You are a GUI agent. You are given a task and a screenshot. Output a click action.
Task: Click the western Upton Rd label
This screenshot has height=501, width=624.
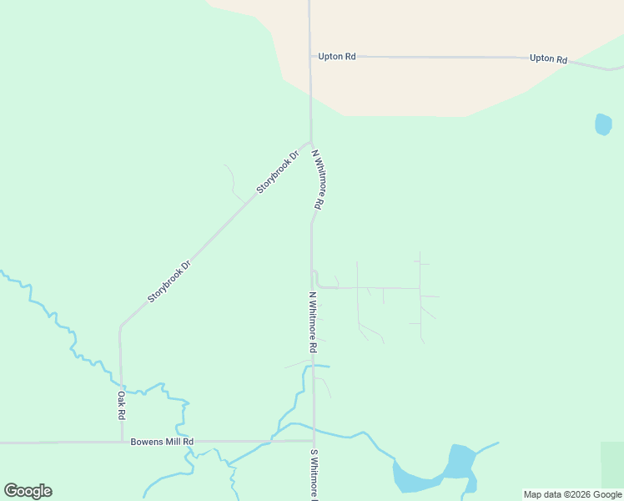(x=337, y=57)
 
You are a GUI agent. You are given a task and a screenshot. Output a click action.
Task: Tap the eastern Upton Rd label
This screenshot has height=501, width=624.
(x=548, y=59)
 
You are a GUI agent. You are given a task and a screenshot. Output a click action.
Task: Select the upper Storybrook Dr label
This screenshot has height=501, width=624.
(x=277, y=173)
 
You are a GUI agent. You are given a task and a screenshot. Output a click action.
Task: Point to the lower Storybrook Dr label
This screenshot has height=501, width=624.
(x=169, y=281)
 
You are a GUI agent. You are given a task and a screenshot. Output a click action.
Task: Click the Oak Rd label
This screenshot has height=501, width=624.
(x=121, y=405)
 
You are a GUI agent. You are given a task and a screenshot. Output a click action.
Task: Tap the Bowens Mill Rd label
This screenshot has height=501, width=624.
(x=162, y=441)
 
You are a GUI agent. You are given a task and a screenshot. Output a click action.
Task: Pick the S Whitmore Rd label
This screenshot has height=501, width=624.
(x=315, y=473)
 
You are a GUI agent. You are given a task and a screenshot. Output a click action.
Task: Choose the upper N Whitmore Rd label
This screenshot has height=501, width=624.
(x=318, y=179)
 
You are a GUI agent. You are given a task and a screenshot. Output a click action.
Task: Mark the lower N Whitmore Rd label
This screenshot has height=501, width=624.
(x=313, y=321)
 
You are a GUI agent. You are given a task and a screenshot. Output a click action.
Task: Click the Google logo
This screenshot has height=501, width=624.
(x=28, y=490)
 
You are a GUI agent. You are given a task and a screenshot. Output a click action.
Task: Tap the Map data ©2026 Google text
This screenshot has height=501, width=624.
(x=572, y=494)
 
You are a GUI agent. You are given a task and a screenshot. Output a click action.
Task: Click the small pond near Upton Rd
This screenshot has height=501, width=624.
(x=603, y=124)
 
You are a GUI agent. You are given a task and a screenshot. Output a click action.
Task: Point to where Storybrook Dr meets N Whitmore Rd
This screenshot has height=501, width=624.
(x=311, y=143)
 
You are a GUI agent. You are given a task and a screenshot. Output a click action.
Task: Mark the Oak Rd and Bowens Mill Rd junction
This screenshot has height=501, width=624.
(x=122, y=441)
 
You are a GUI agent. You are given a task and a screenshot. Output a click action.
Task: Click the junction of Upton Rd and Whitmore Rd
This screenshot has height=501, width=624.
(x=309, y=57)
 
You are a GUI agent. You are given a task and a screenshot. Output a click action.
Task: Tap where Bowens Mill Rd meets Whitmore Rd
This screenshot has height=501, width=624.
(x=313, y=441)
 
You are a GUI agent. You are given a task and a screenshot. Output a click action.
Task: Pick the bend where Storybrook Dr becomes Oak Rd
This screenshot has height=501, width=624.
(x=120, y=326)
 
